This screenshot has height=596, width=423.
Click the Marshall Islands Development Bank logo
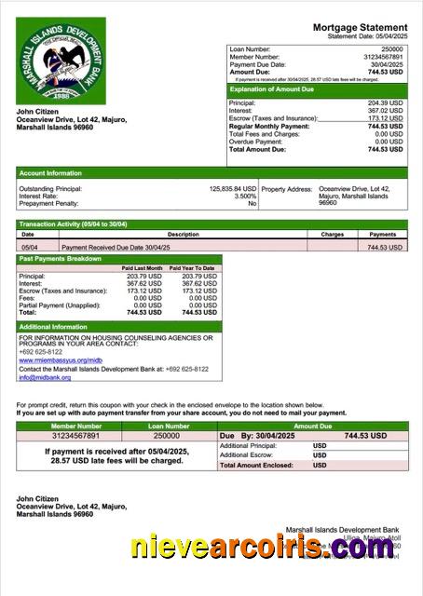pyautogui.click(x=61, y=61)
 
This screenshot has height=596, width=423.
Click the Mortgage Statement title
pyautogui.click(x=360, y=28)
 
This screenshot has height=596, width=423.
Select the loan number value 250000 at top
pyautogui.click(x=392, y=47)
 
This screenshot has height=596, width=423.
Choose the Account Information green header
pyautogui.click(x=51, y=173)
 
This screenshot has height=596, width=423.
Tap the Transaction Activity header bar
pyautogui.click(x=74, y=224)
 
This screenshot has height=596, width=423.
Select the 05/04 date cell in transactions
pyautogui.click(x=29, y=248)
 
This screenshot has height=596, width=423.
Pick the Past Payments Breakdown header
pyautogui.click(x=61, y=258)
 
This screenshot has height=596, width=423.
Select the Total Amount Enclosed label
pyautogui.click(x=256, y=465)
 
